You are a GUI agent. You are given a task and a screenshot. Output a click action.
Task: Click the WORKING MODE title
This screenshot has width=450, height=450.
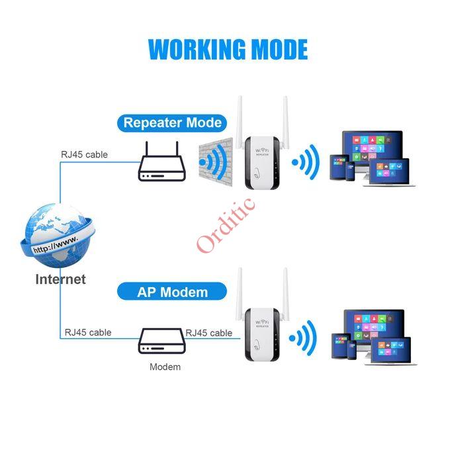click(228, 50)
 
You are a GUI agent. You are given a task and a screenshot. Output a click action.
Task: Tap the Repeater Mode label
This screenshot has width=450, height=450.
click(173, 122)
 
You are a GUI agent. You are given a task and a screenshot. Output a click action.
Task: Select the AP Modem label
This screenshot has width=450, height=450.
click(173, 292)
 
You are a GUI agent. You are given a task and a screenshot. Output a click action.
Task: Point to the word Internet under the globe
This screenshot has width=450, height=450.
click(60, 279)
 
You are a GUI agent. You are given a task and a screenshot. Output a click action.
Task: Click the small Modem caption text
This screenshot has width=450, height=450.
click(165, 367)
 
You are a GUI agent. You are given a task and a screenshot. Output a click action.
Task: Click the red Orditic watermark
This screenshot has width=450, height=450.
click(226, 225)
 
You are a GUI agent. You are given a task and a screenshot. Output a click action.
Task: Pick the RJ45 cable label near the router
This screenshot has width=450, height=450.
click(85, 155)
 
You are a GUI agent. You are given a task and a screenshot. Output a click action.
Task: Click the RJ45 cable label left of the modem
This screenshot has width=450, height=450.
click(88, 332)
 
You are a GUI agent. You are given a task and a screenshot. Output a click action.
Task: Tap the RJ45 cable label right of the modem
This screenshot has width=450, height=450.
click(209, 332)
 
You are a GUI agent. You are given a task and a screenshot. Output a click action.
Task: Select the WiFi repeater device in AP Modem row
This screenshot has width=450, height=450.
click(262, 331)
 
